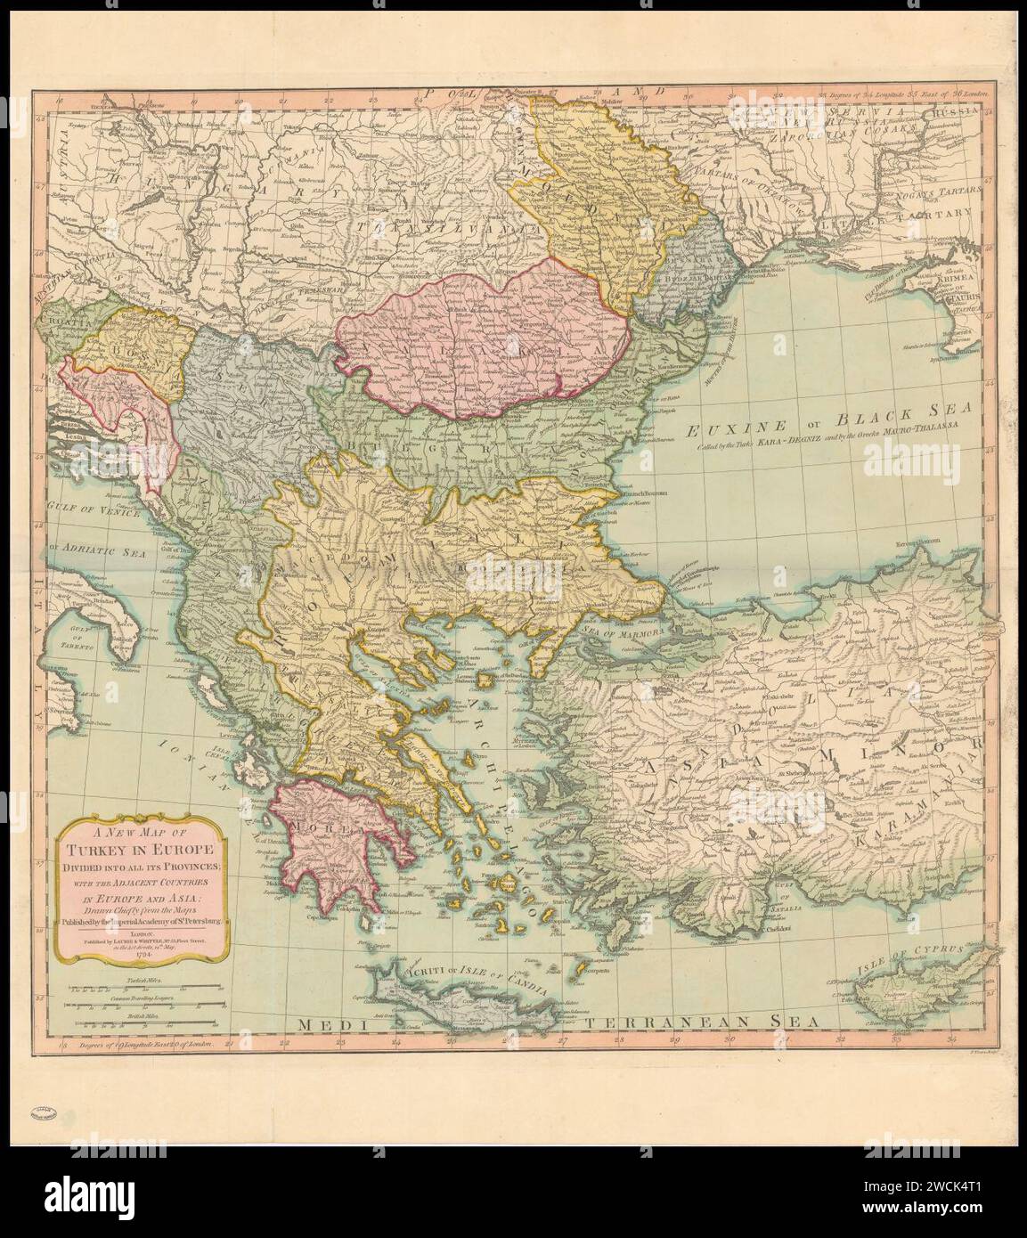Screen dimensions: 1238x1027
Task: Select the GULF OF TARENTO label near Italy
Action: tap(75, 638)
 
